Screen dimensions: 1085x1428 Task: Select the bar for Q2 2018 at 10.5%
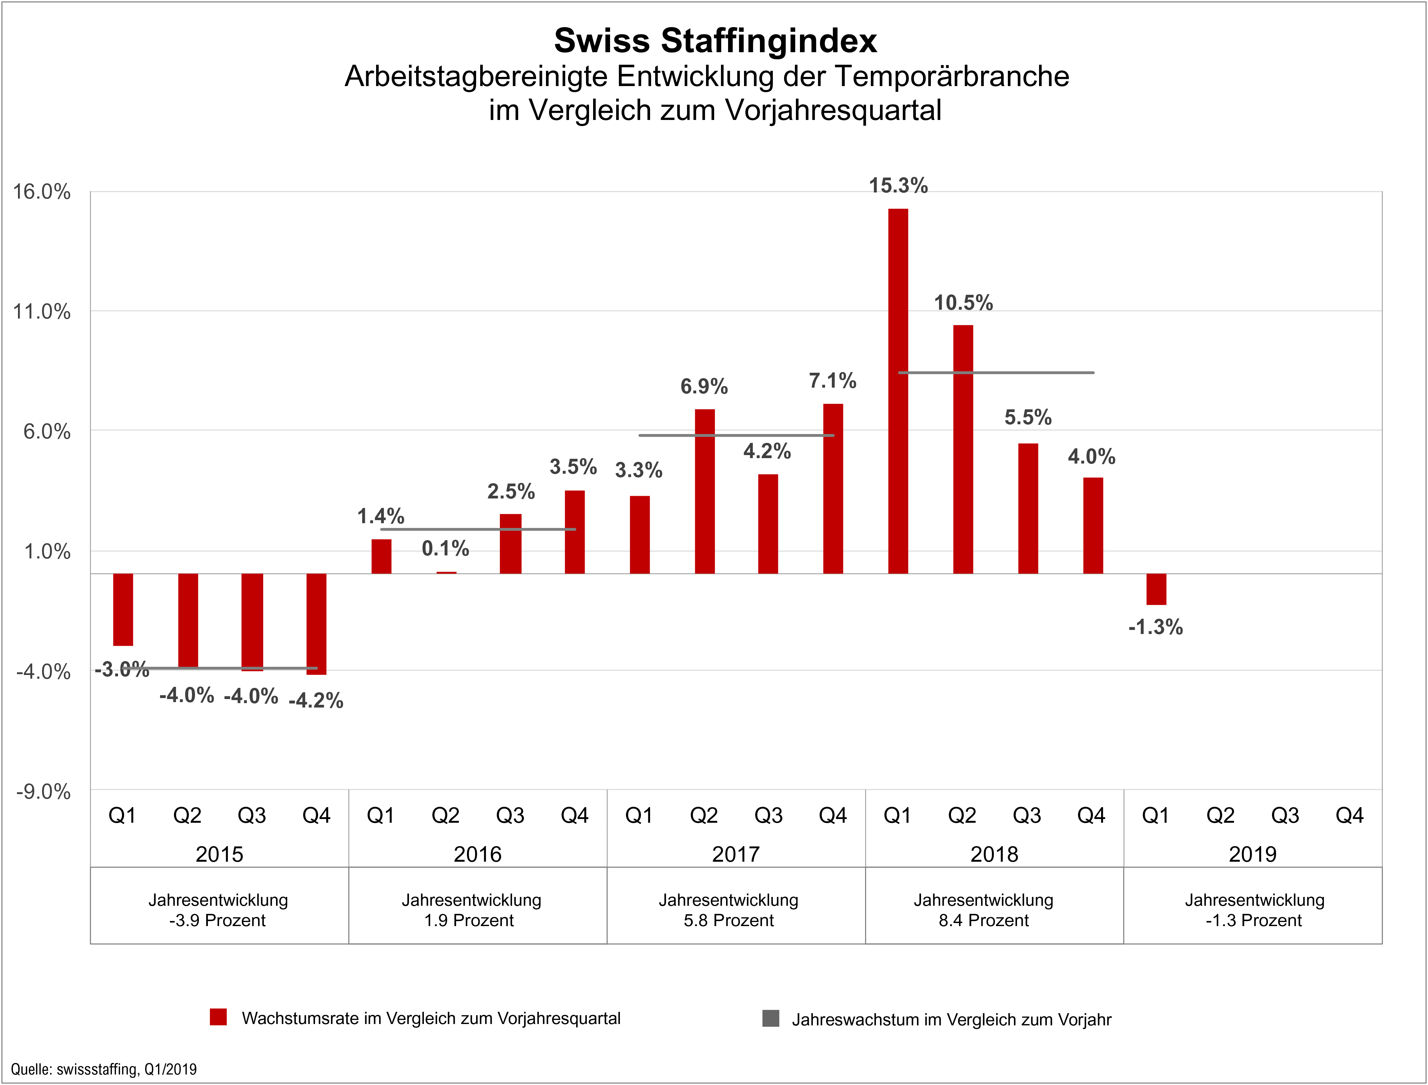(963, 449)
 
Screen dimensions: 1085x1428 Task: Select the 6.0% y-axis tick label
(46, 431)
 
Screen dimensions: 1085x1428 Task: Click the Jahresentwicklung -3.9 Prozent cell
(218, 910)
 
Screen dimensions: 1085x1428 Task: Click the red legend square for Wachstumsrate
(218, 1017)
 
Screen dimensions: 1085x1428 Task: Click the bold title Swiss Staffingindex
(715, 41)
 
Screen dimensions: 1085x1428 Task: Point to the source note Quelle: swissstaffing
(103, 1069)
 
